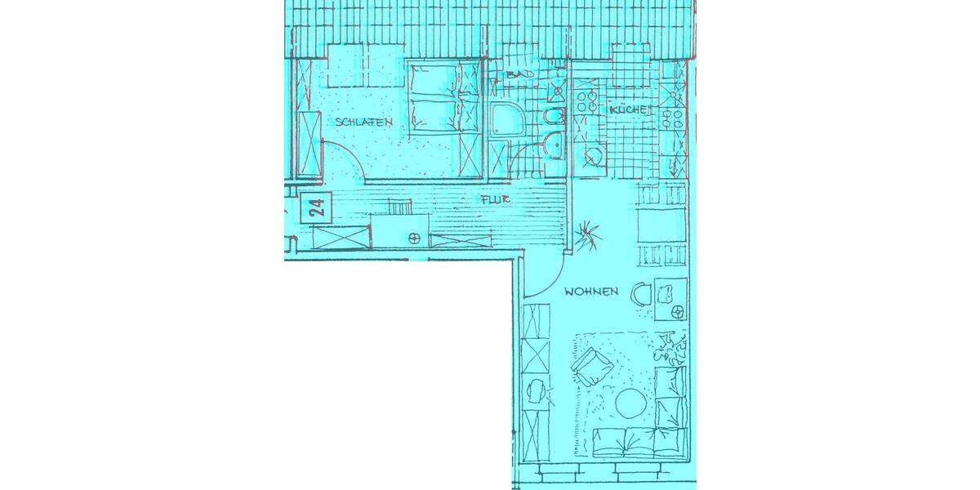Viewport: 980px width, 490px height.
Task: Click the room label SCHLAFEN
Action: (363, 122)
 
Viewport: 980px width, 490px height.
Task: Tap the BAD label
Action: (519, 74)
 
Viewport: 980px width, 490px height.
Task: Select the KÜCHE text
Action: (630, 110)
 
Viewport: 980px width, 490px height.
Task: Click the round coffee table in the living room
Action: (630, 402)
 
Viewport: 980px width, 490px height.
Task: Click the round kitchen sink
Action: (594, 155)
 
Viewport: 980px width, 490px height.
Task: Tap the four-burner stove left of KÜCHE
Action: (586, 101)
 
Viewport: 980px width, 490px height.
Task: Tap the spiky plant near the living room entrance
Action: (587, 235)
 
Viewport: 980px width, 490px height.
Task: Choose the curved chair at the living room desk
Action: (641, 292)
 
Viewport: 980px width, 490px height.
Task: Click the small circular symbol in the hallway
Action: (414, 238)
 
